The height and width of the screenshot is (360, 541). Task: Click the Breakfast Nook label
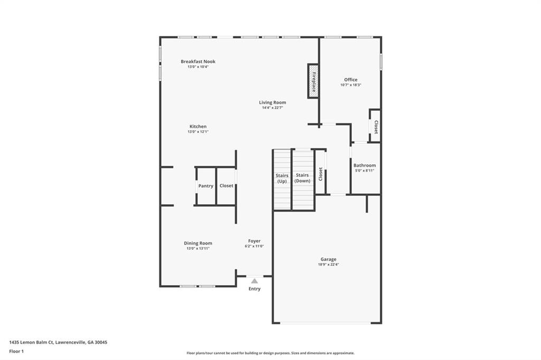(198, 61)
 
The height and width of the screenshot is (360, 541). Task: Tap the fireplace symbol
(313, 81)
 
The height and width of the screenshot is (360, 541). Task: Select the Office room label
(351, 80)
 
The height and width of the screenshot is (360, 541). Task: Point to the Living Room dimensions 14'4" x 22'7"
(272, 108)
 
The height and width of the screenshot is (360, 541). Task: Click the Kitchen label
(198, 126)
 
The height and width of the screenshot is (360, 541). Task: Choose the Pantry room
(206, 186)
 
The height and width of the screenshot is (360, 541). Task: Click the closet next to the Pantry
(226, 186)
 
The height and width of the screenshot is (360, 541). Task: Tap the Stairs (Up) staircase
(282, 179)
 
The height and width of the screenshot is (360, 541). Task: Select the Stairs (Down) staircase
(302, 179)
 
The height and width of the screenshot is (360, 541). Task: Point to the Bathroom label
(365, 165)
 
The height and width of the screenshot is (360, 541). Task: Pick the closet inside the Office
(375, 127)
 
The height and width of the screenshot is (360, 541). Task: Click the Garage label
(328, 259)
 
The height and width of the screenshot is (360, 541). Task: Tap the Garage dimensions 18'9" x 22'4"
(328, 264)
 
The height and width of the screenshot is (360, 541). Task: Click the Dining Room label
(198, 243)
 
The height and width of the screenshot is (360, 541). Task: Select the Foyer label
(254, 241)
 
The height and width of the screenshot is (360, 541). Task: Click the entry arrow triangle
(254, 281)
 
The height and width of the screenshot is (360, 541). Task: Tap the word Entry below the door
(254, 289)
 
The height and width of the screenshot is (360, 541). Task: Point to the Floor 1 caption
(16, 351)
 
